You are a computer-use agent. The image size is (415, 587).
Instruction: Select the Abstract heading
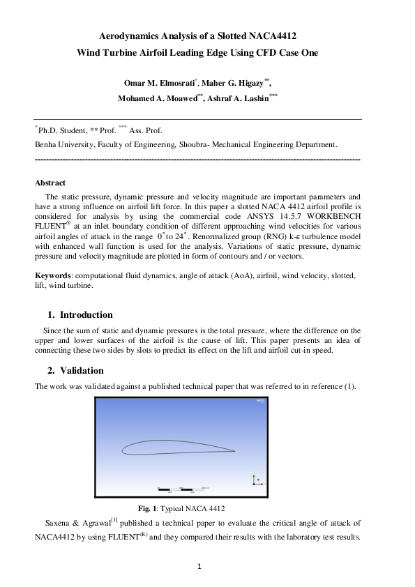50,183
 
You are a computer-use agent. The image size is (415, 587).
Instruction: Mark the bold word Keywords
53,276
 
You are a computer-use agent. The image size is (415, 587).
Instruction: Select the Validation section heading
82,370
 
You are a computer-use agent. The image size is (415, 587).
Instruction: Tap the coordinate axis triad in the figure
255,479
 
